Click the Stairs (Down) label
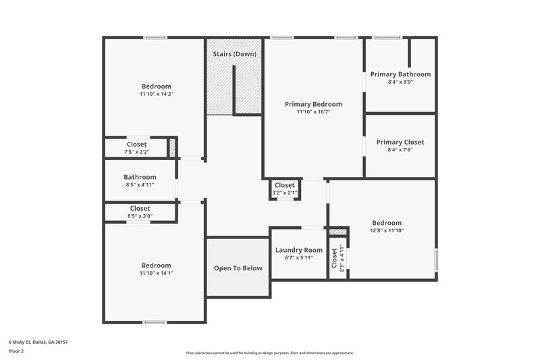(234, 54)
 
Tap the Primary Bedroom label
(313, 104)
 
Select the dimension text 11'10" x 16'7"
(313, 112)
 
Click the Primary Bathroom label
(400, 74)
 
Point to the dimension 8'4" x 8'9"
(400, 82)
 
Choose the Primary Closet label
(400, 142)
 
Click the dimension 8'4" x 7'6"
(400, 150)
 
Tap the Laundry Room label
(299, 250)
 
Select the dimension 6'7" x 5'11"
(299, 258)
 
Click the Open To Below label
(238, 268)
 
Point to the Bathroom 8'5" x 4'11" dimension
(140, 185)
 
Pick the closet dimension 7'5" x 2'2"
(136, 153)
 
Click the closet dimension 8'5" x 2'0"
(140, 216)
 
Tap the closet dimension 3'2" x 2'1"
(284, 193)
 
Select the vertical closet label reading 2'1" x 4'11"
(342, 258)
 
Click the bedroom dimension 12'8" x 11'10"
(387, 231)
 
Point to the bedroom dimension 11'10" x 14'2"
(156, 95)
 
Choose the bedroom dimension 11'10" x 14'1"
(156, 274)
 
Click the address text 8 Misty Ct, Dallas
(38, 342)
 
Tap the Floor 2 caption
(16, 352)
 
